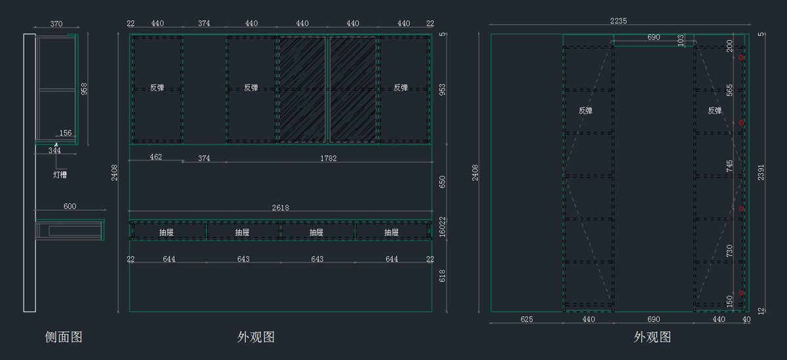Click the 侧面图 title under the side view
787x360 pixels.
tap(64, 337)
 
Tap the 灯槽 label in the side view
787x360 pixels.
tap(60, 175)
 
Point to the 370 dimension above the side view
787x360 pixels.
tap(56, 24)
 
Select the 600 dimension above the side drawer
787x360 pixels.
tap(70, 207)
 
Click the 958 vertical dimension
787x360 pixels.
tap(84, 89)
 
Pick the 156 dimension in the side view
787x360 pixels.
tap(66, 134)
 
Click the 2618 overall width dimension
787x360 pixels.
tap(280, 208)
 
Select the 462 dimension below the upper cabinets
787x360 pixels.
tap(156, 157)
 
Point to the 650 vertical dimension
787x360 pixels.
tap(442, 182)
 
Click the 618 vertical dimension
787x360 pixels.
tap(442, 276)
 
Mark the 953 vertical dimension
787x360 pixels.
tap(442, 89)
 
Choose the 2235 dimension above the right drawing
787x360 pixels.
tap(618, 21)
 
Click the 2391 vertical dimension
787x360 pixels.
tap(760, 172)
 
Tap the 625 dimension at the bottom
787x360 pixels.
tap(527, 319)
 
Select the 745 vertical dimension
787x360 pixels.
tap(730, 166)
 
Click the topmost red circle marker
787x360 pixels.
tap(741, 58)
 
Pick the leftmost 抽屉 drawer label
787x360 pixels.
tap(167, 232)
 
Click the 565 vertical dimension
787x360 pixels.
tap(730, 90)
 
